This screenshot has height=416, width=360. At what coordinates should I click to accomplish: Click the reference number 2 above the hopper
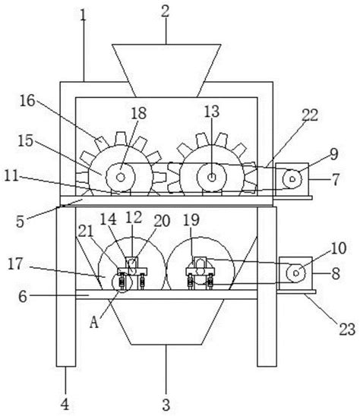click(x=165, y=12)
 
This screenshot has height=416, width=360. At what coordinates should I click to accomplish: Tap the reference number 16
click(x=27, y=101)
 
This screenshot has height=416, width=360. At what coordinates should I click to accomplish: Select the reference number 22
click(x=310, y=115)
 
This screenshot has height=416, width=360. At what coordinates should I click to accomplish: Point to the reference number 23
click(x=347, y=329)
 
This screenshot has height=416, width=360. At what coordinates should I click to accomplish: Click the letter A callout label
click(x=94, y=323)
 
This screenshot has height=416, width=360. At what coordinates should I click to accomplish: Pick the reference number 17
click(x=15, y=264)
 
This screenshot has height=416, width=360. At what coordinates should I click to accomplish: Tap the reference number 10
click(x=339, y=248)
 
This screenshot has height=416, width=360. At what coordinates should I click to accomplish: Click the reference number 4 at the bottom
click(x=65, y=405)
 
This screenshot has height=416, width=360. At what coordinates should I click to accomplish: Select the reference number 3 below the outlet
click(x=166, y=405)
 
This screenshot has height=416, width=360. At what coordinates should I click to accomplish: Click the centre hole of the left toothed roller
click(x=121, y=177)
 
